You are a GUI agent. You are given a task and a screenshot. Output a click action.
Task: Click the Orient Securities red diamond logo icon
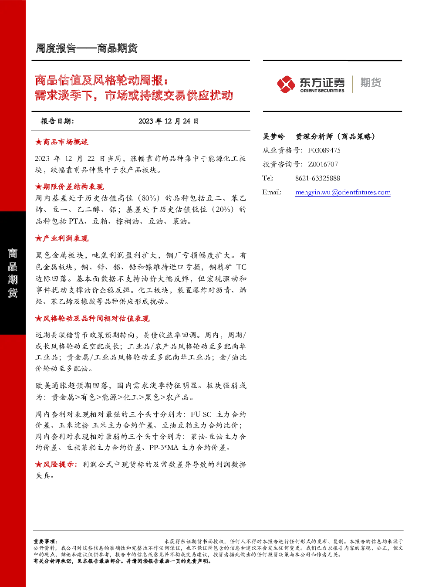[286, 84]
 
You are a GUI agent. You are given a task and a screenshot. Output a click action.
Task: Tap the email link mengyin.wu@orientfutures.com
[343, 192]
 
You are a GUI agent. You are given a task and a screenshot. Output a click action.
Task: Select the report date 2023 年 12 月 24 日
[169, 121]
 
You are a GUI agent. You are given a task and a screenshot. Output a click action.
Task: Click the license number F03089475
[324, 150]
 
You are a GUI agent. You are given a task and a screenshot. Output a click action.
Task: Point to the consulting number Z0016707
[323, 164]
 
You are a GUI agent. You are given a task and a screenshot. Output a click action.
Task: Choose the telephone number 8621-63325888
[317, 179]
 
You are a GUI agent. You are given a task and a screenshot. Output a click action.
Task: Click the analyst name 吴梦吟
[273, 136]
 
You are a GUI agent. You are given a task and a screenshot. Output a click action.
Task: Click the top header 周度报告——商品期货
[86, 48]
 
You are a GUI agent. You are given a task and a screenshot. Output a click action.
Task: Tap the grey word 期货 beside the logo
[371, 82]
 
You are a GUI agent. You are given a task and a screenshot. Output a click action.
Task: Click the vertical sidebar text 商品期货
[13, 273]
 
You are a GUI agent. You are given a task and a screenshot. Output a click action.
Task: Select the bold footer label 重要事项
[44, 542]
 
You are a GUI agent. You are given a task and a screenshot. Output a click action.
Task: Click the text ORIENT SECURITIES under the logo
[322, 91]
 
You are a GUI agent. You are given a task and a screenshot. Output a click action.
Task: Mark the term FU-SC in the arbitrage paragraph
[201, 414]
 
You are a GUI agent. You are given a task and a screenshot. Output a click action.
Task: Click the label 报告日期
[57, 121]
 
